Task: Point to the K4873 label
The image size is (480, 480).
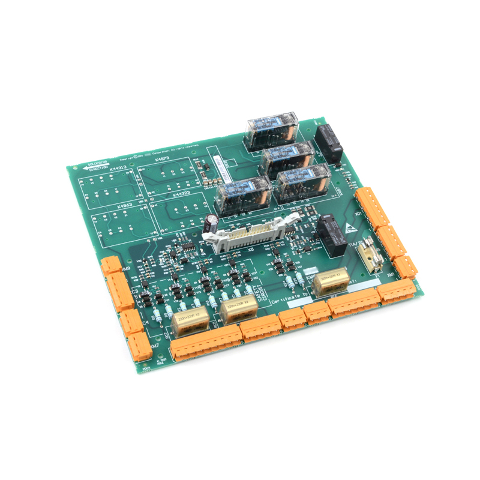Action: [162, 159]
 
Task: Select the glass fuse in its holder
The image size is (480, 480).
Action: [369, 256]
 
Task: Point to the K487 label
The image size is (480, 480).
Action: [341, 191]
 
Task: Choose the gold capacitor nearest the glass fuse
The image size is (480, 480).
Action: [333, 281]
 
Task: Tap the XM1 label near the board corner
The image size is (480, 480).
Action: [391, 271]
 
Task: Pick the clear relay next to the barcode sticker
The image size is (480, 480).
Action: [237, 194]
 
